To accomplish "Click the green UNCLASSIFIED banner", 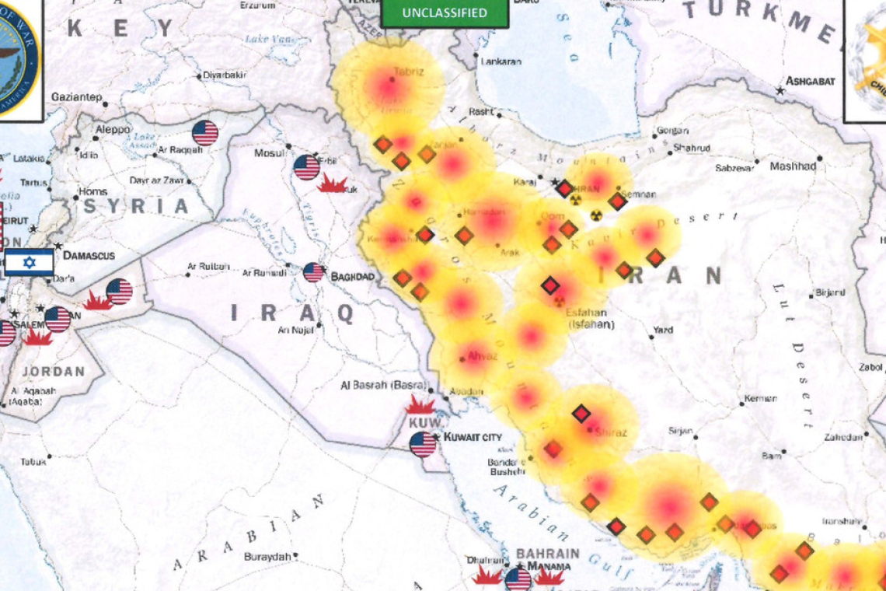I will pyautogui.click(x=445, y=13).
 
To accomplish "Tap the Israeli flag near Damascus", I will pyautogui.click(x=30, y=263).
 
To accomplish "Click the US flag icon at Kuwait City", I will pyautogui.click(x=423, y=444).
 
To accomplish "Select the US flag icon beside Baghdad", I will pyautogui.click(x=313, y=272).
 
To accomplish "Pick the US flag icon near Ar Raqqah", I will pyautogui.click(x=205, y=133).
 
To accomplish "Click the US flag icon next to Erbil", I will pyautogui.click(x=306, y=167).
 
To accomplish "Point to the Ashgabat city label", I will pyautogui.click(x=810, y=81).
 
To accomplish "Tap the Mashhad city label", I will pyautogui.click(x=793, y=166).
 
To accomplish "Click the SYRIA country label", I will pyautogui.click(x=137, y=206).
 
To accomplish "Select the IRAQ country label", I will pyautogui.click(x=292, y=313).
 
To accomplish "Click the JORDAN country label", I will pyautogui.click(x=54, y=371).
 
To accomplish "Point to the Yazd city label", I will pyautogui.click(x=662, y=330).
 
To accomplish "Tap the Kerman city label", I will pyautogui.click(x=760, y=399).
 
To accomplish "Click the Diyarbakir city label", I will pyautogui.click(x=224, y=75).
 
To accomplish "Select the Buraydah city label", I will pyautogui.click(x=267, y=557).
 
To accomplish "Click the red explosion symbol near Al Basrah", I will pyautogui.click(x=420, y=405).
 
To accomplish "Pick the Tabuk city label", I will pyautogui.click(x=33, y=461).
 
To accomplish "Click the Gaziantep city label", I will pyautogui.click(x=76, y=97).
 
